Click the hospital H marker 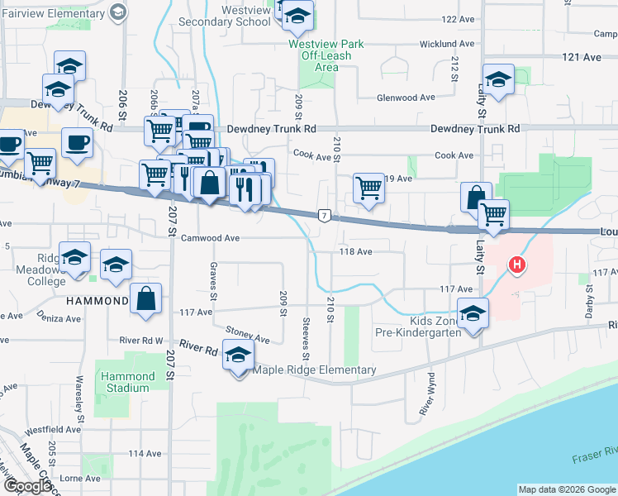click(x=517, y=265)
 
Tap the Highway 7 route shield click(x=325, y=216)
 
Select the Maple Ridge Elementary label click(x=316, y=370)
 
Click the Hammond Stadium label click(x=128, y=382)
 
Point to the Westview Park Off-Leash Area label click(x=320, y=55)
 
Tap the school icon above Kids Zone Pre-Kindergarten click(x=473, y=314)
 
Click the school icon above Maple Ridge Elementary click(x=239, y=355)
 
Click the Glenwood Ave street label click(x=406, y=98)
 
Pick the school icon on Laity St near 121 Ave click(x=498, y=79)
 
